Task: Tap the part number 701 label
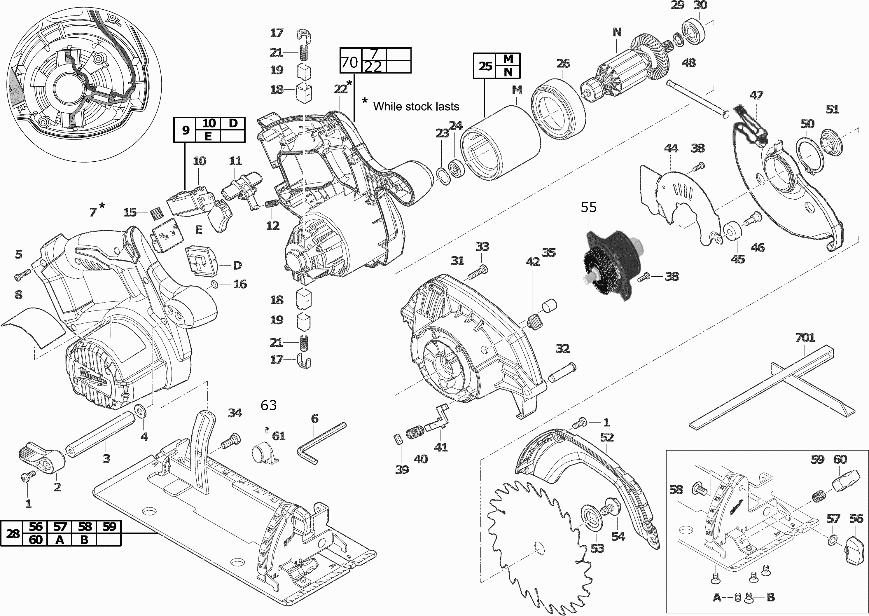pyautogui.click(x=805, y=337)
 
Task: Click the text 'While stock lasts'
pyautogui.click(x=416, y=107)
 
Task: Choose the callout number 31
pyautogui.click(x=457, y=261)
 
